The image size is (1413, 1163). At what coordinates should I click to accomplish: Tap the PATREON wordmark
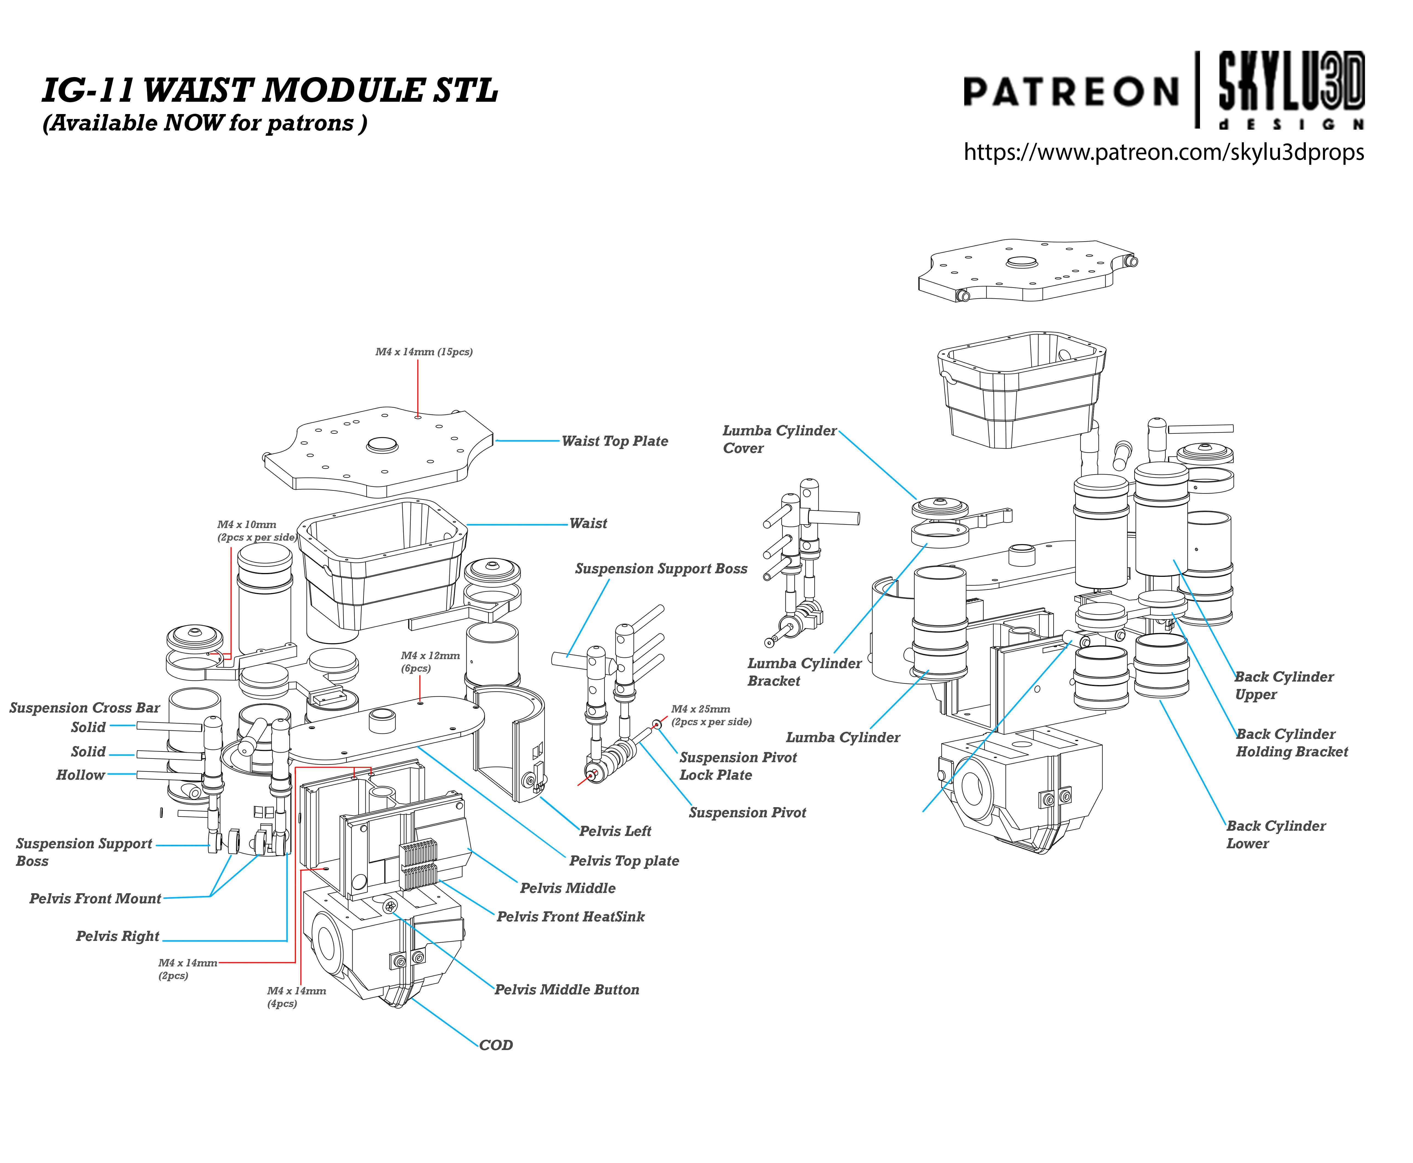(x=1070, y=92)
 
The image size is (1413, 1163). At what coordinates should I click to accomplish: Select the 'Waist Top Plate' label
(x=614, y=441)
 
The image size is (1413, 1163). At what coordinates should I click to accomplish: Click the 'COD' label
(x=496, y=1045)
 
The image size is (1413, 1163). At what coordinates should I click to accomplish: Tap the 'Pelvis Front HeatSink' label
(x=570, y=917)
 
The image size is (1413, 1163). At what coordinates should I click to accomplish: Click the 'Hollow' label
(x=80, y=775)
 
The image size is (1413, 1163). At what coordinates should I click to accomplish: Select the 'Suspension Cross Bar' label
(x=84, y=708)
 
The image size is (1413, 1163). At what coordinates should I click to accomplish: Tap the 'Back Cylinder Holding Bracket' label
(x=1291, y=742)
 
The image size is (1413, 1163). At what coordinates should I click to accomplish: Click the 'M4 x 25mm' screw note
(x=711, y=715)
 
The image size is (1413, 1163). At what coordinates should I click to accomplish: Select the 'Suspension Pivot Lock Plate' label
(x=738, y=766)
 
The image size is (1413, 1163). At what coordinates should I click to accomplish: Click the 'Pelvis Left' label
(x=615, y=831)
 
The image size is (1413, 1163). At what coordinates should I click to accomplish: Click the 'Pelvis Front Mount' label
(x=95, y=898)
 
